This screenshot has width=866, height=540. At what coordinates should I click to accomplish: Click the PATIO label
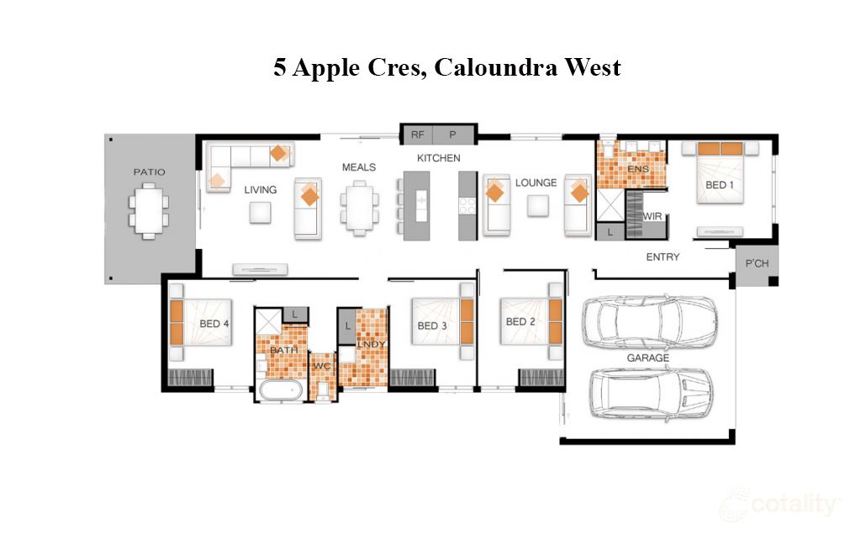click(149, 172)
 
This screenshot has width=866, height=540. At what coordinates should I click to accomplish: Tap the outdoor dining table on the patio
click(149, 212)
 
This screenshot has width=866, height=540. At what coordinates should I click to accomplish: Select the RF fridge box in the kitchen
click(418, 134)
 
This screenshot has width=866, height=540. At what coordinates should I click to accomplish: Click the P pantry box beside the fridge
click(451, 134)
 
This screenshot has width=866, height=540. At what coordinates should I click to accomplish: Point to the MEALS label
click(358, 167)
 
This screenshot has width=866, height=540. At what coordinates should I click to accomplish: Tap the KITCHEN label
click(439, 158)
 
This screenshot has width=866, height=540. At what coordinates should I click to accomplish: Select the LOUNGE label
click(536, 183)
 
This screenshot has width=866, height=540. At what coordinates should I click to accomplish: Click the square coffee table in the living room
click(260, 214)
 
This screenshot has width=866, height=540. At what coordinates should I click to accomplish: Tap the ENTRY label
click(663, 257)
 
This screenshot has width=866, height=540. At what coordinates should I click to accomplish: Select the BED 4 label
click(214, 324)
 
